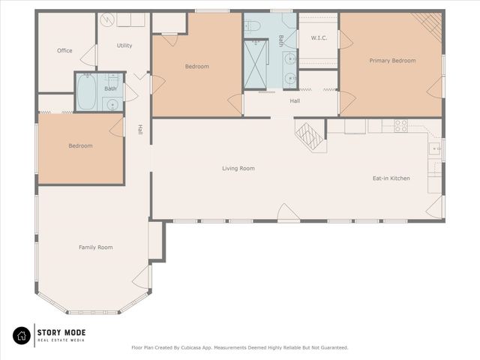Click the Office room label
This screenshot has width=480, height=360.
click(x=64, y=50)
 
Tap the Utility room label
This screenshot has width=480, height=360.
click(x=124, y=45)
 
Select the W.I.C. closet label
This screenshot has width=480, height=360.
click(x=319, y=38)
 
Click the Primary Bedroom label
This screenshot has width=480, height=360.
click(x=392, y=61)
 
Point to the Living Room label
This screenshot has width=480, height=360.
click(x=238, y=168)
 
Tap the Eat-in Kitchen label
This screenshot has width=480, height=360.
click(x=391, y=178)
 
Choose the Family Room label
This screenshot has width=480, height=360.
click(x=96, y=247)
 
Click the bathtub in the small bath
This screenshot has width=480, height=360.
click(x=86, y=91)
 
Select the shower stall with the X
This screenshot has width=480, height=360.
click(x=255, y=64)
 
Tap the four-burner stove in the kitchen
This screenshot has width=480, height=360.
click(x=400, y=126)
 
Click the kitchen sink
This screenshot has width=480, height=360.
click(x=435, y=149)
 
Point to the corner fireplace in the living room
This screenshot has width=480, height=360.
click(x=310, y=135)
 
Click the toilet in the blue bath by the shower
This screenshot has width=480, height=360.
click(x=253, y=25)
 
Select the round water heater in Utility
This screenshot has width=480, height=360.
click(x=107, y=19)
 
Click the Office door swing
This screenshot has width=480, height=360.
click(x=88, y=55)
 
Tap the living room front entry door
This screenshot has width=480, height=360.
click(x=288, y=211)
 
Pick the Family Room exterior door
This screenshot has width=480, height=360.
click(x=142, y=277)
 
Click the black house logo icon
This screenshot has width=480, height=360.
click(x=22, y=335)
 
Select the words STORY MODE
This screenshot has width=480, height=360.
click(x=61, y=332)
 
